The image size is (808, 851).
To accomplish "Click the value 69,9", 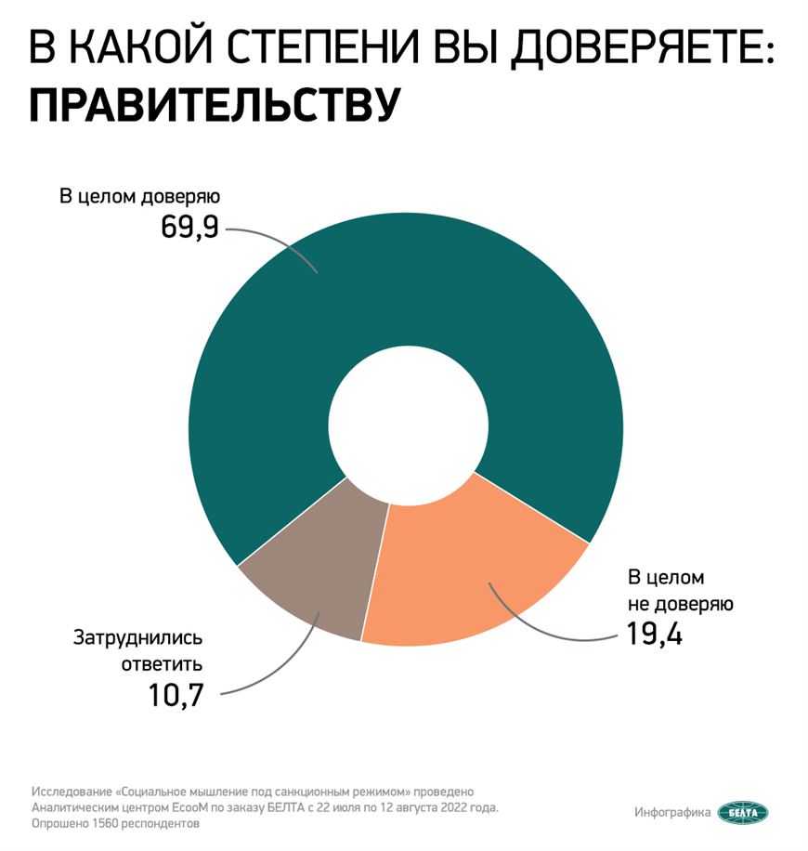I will [x=190, y=228].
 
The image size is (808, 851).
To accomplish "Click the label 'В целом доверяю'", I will [x=139, y=197].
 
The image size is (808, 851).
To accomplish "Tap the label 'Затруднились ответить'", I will [x=137, y=651].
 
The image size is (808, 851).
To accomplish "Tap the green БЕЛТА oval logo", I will [x=743, y=812].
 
